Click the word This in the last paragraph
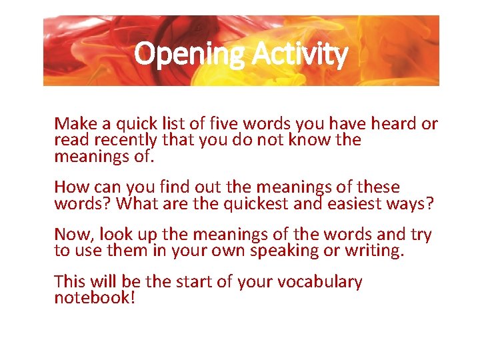[x=70, y=282]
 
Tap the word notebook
[x=92, y=298]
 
